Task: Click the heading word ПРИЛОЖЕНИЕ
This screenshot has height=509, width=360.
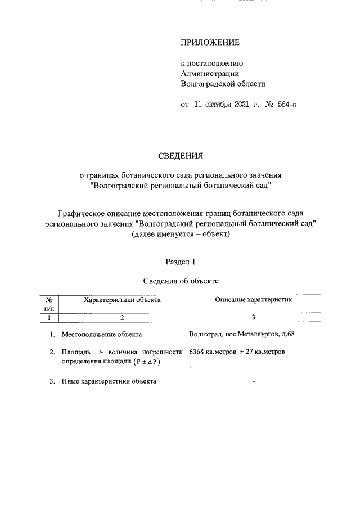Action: (x=210, y=43)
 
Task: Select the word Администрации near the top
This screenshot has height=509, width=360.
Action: (x=210, y=73)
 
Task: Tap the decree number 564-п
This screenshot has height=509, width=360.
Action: (x=279, y=105)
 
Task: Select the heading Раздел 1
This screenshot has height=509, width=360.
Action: (x=180, y=261)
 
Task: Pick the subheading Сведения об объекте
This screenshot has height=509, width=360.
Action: (x=180, y=280)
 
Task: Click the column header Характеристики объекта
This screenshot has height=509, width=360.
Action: (x=122, y=300)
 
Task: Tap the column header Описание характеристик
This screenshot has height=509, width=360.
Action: (x=254, y=300)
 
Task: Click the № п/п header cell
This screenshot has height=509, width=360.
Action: (x=49, y=304)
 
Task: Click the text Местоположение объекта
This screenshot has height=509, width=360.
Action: (x=101, y=335)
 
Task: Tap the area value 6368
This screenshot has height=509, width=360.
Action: (x=200, y=352)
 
